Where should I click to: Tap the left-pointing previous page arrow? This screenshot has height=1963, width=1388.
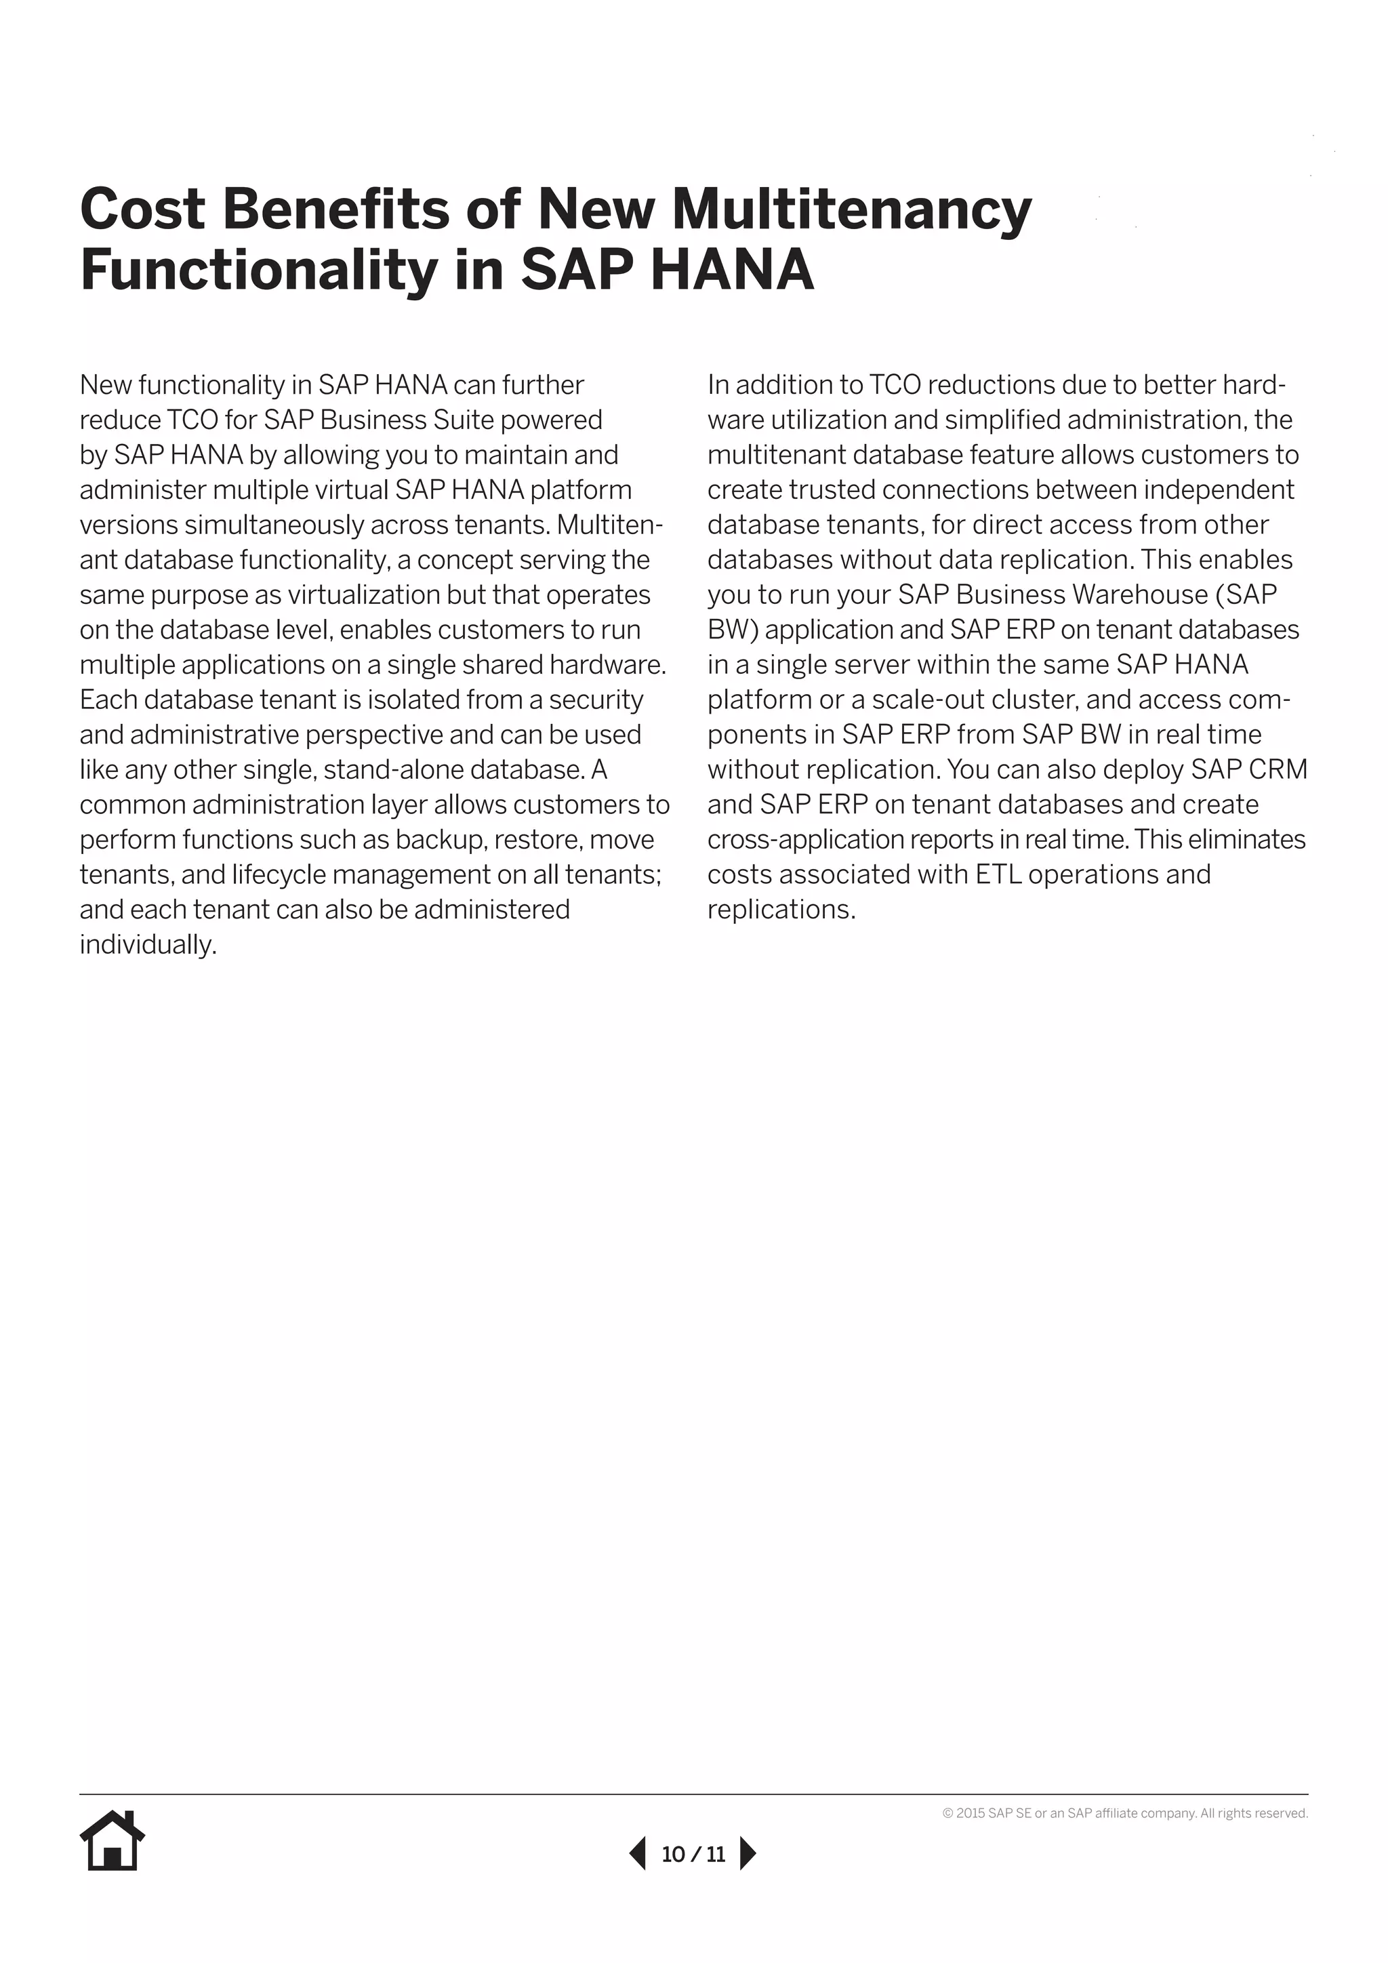pos(638,1854)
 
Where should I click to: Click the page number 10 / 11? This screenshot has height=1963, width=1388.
pos(693,1855)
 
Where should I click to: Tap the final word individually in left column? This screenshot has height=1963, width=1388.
pos(148,945)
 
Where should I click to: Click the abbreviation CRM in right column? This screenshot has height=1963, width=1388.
pos(1278,769)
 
